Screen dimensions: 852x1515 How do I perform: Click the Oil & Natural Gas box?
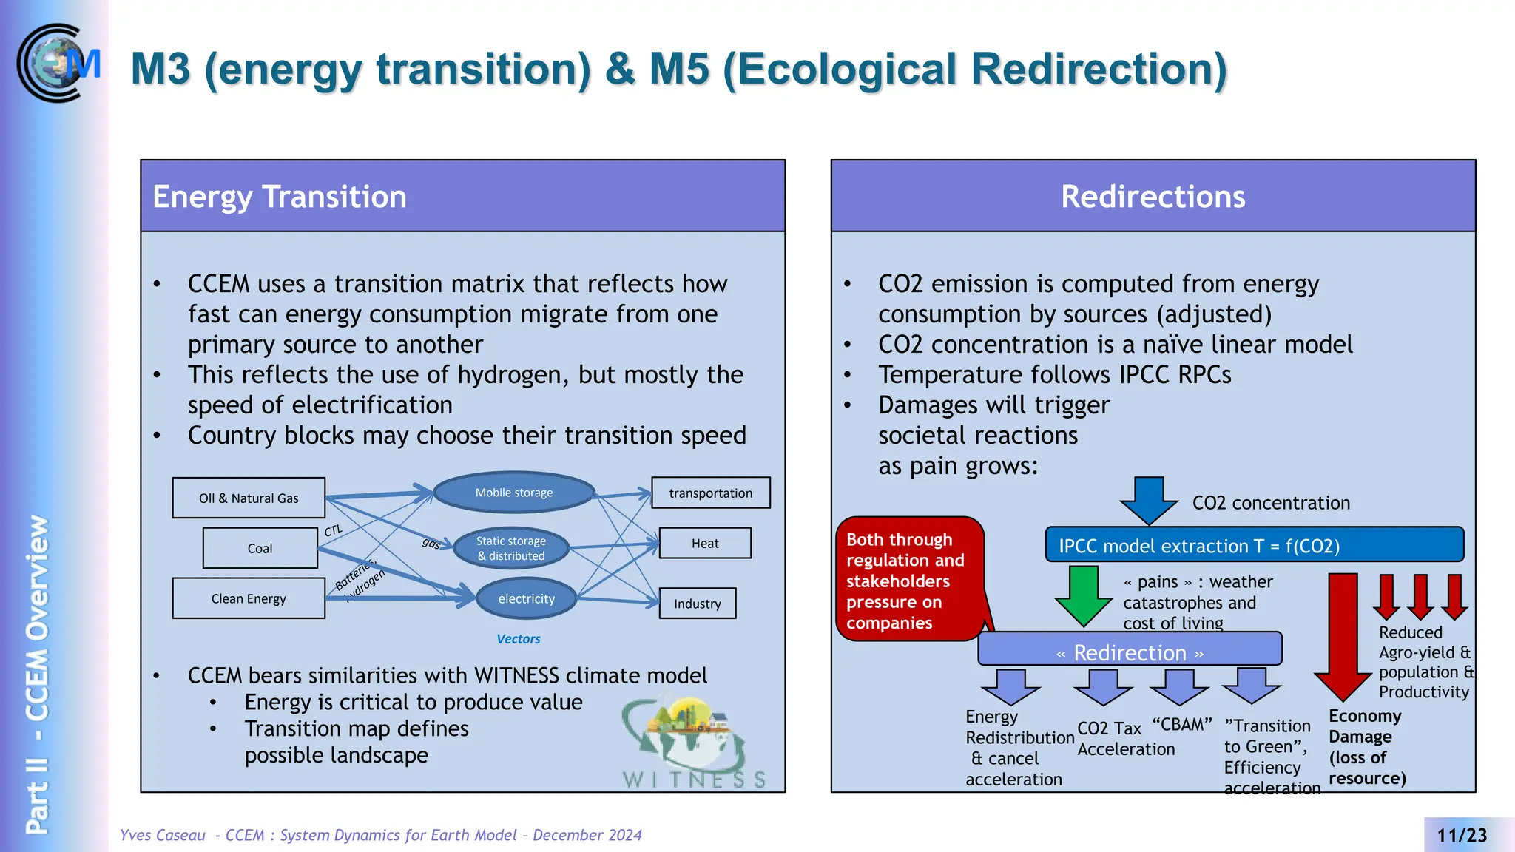click(x=249, y=498)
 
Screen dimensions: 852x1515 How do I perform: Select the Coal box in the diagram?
click(x=260, y=548)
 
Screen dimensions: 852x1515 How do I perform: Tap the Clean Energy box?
click(x=249, y=598)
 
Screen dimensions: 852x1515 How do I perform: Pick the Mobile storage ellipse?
click(x=514, y=493)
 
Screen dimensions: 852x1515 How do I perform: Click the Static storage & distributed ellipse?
click(x=511, y=548)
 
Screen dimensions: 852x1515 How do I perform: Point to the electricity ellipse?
click(x=526, y=598)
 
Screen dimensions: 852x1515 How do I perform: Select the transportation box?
click(x=710, y=493)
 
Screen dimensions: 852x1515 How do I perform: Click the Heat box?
click(x=705, y=543)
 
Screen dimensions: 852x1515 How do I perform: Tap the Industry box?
click(x=697, y=603)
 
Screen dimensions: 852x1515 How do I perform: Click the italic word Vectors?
click(x=518, y=638)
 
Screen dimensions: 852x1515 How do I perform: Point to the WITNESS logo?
click(x=692, y=743)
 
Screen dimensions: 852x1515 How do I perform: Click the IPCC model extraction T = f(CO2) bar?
click(x=1254, y=545)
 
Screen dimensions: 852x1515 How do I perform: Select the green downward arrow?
click(x=1084, y=596)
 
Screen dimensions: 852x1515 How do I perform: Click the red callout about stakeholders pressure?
click(x=910, y=580)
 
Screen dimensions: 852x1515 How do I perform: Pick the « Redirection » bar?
click(x=1130, y=650)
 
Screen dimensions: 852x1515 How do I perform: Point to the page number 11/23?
click(x=1461, y=835)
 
